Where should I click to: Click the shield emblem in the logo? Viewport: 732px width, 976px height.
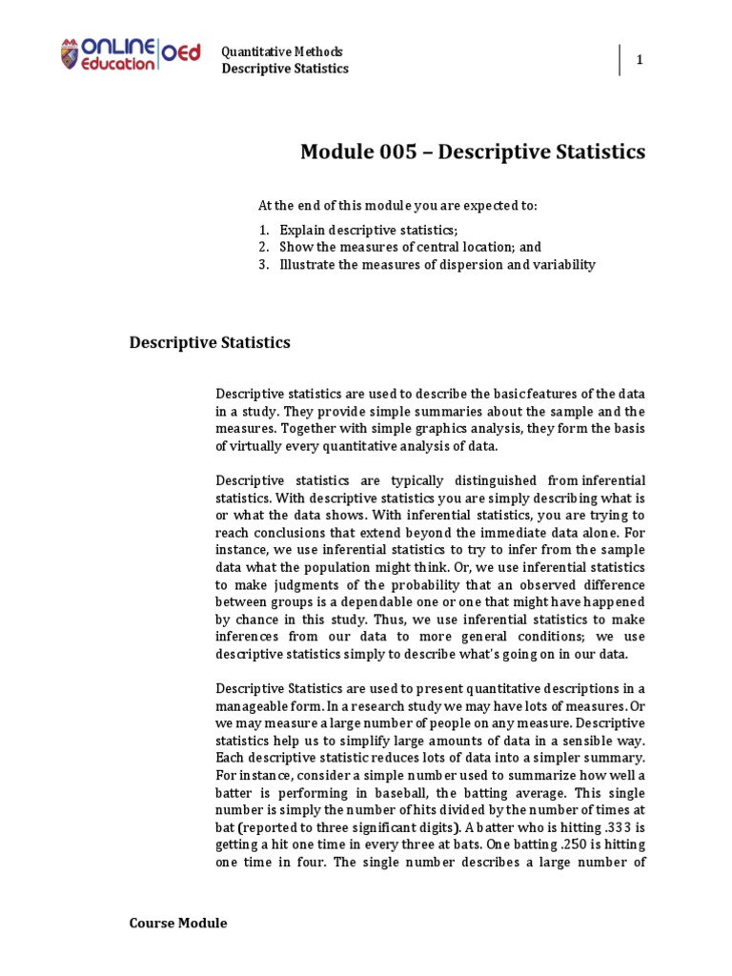pyautogui.click(x=70, y=53)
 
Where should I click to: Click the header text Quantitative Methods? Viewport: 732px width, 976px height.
pyautogui.click(x=282, y=51)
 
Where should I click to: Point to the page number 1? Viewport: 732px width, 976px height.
pyautogui.click(x=640, y=60)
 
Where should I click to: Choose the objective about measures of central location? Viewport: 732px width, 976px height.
pyautogui.click(x=411, y=247)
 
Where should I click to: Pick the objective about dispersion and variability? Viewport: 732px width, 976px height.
pyautogui.click(x=437, y=265)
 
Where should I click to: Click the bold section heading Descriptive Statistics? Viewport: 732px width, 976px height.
pyautogui.click(x=210, y=342)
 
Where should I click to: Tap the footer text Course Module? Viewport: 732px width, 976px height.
pyautogui.click(x=178, y=923)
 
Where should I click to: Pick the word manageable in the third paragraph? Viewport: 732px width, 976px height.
pyautogui.click(x=250, y=706)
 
